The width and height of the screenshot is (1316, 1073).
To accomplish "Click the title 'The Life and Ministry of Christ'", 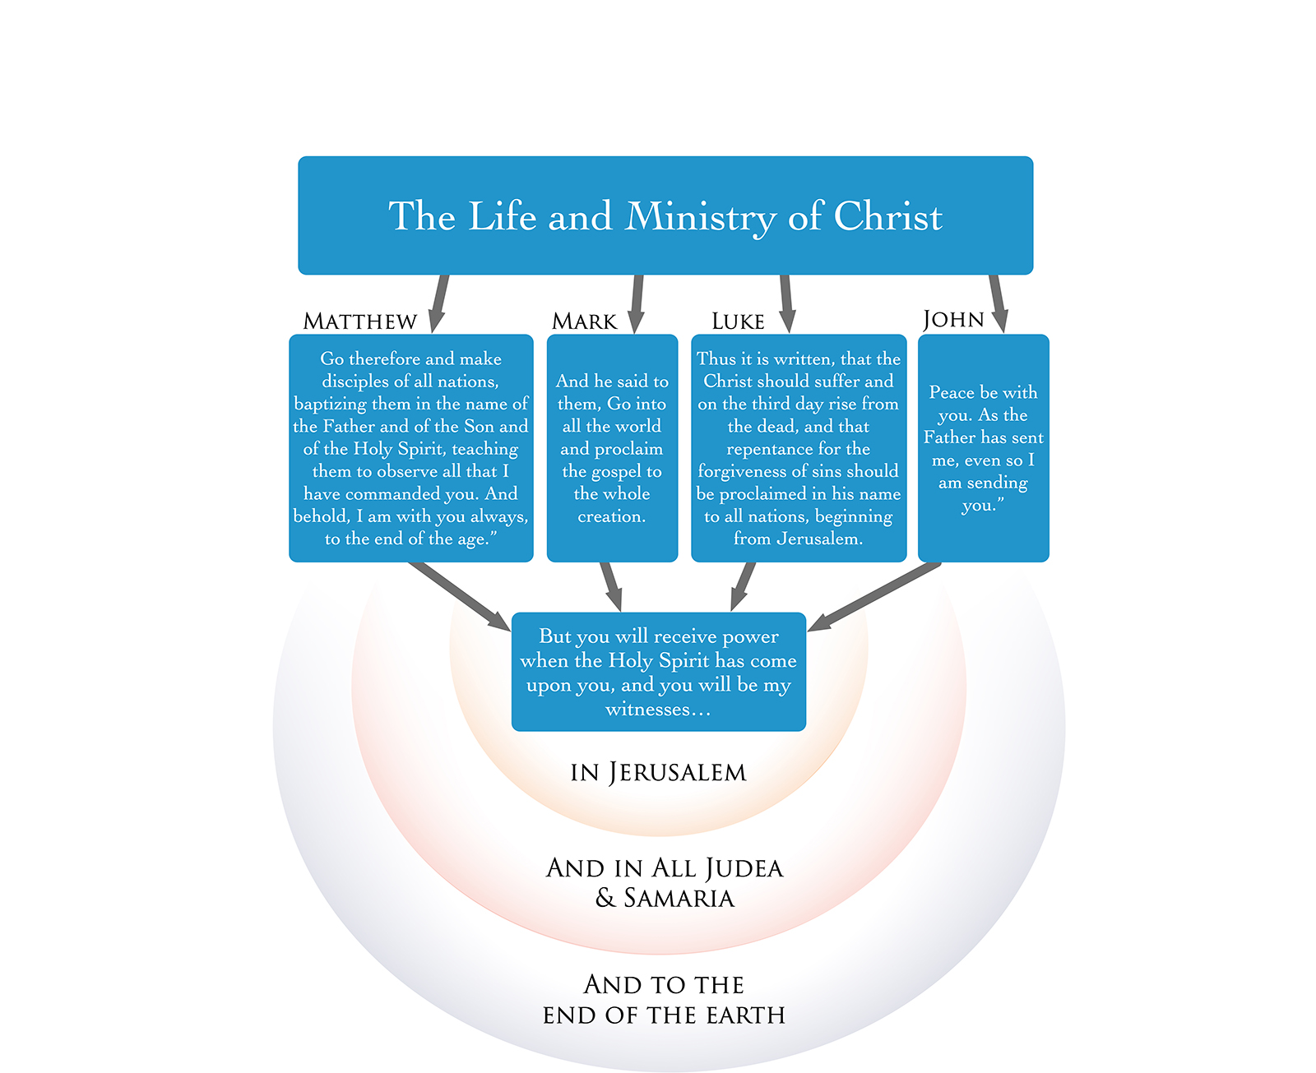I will click(x=665, y=216).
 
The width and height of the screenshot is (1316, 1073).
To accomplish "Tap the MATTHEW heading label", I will click(x=359, y=321).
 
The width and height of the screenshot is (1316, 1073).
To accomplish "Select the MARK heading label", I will click(x=584, y=321).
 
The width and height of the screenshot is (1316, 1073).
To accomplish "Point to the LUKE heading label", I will click(x=738, y=321).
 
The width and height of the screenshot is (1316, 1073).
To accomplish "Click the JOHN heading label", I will click(x=953, y=319).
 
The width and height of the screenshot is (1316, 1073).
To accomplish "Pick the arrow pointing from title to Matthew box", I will click(x=440, y=303).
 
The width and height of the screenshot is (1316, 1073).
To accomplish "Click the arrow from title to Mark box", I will click(x=637, y=303).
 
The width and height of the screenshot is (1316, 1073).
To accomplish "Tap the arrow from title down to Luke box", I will click(x=786, y=303).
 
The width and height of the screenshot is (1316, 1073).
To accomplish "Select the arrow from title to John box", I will click(x=997, y=303).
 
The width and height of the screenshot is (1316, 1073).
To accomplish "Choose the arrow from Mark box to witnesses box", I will click(x=610, y=585).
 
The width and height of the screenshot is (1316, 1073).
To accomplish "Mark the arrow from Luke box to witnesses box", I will click(x=743, y=585).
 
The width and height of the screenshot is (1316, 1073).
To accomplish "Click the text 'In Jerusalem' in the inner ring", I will click(x=658, y=772).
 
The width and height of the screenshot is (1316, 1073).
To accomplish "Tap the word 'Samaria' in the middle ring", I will click(x=679, y=898).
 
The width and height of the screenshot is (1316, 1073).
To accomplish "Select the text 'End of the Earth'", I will click(x=664, y=1015).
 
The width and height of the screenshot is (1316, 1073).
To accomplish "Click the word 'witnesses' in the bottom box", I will click(x=648, y=710).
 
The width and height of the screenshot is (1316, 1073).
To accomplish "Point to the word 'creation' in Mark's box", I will click(x=611, y=516).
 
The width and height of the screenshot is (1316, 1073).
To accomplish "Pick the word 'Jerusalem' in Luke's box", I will click(x=818, y=539).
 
